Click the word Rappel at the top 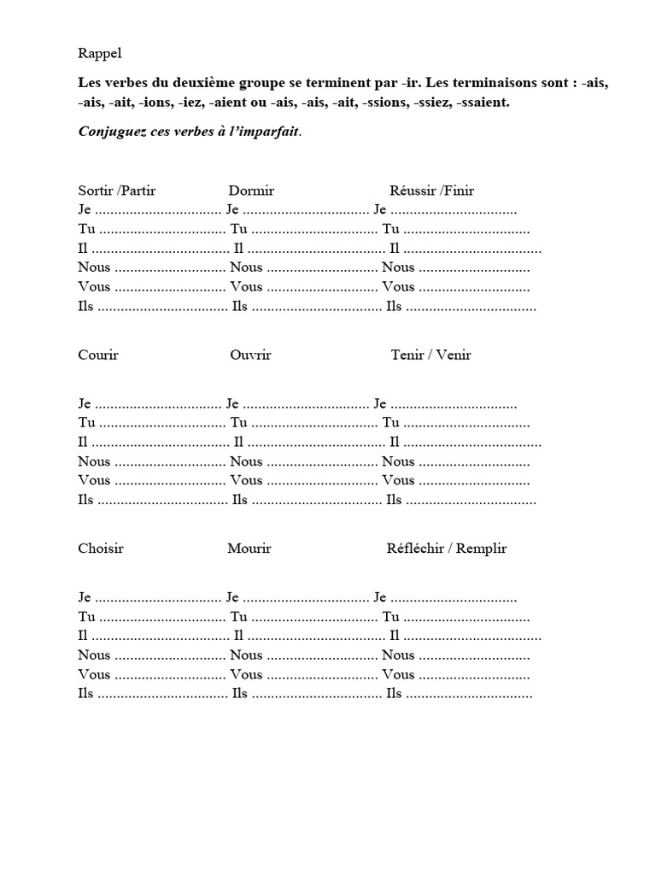[x=99, y=53]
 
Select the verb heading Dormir [x=251, y=190]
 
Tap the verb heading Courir [x=98, y=355]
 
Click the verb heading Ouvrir [x=250, y=355]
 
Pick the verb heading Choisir [x=101, y=548]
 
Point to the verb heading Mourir [x=249, y=548]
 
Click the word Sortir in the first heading [x=96, y=190]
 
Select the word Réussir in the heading [x=413, y=190]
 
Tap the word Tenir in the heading [x=407, y=355]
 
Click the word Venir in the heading [x=454, y=355]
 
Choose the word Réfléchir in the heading [x=414, y=548]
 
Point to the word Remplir [x=481, y=548]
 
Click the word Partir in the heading [x=138, y=190]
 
